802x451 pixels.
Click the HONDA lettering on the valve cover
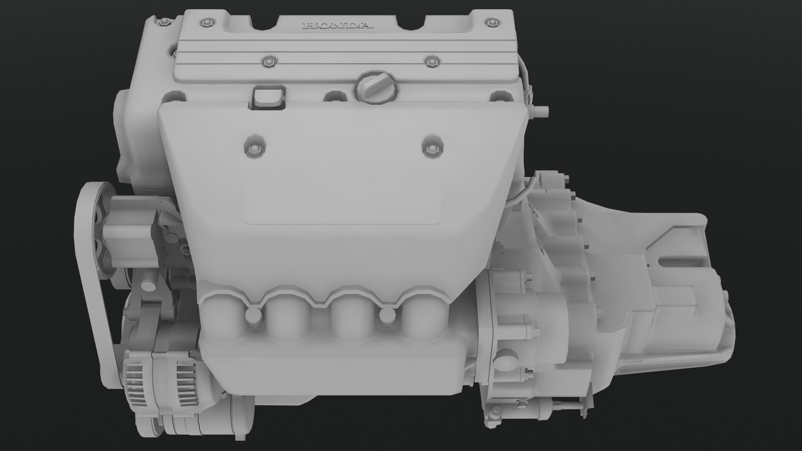pyautogui.click(x=338, y=26)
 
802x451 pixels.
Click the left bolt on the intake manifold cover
pyautogui.click(x=254, y=147)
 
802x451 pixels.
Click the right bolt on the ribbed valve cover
pyautogui.click(x=430, y=62)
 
